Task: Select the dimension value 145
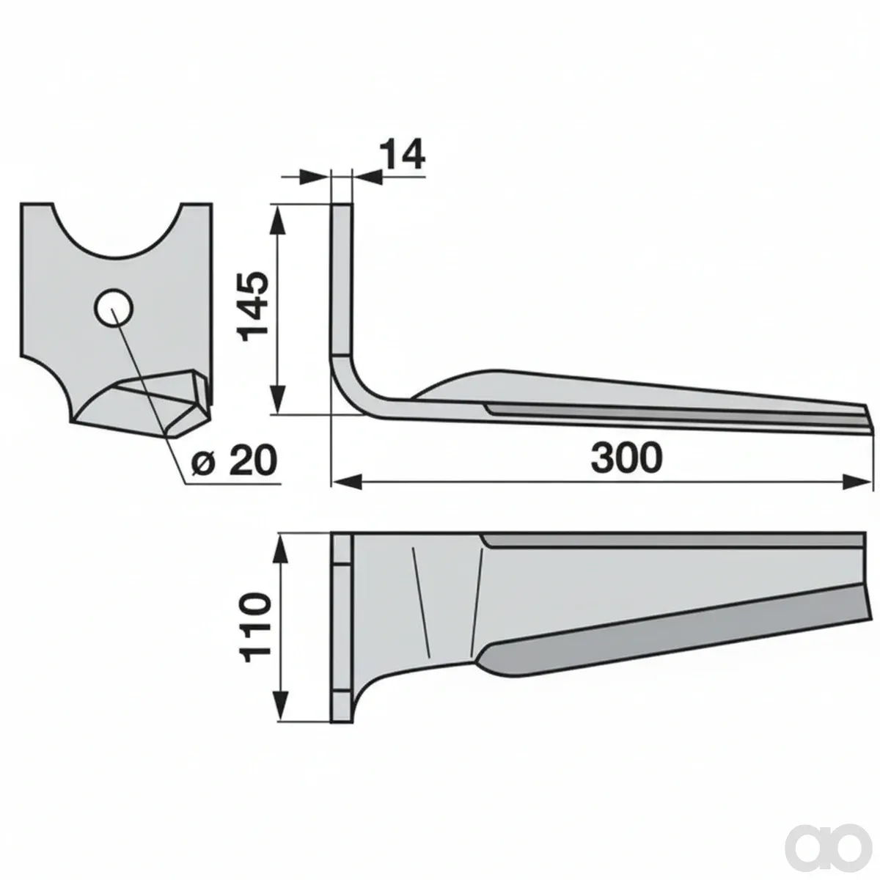coord(252,307)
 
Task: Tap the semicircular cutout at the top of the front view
coord(119,238)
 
